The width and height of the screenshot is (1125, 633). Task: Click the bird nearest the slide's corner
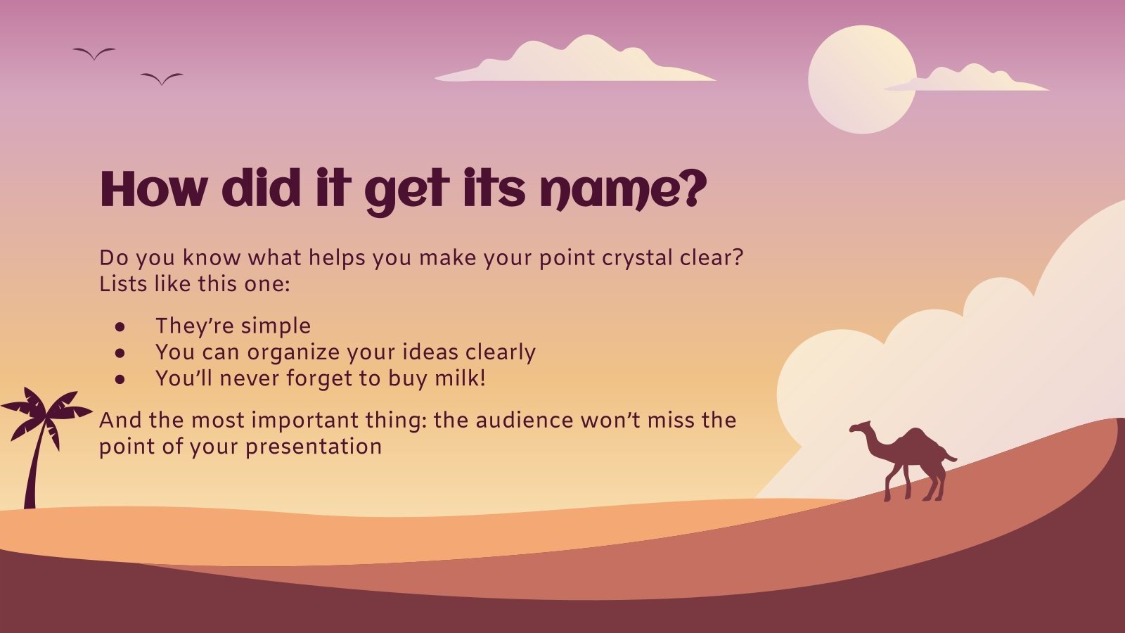click(94, 53)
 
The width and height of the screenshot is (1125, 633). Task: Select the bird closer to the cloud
click(162, 78)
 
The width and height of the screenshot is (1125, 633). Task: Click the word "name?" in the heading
click(622, 190)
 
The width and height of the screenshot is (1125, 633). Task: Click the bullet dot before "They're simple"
click(120, 327)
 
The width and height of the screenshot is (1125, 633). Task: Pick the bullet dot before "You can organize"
click(120, 353)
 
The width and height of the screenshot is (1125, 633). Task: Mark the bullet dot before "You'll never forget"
click(120, 379)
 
